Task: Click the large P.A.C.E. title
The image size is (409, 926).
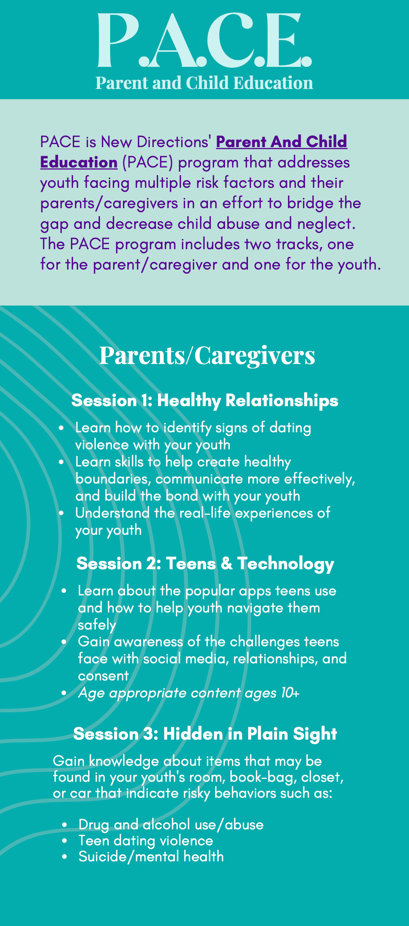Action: [x=205, y=40]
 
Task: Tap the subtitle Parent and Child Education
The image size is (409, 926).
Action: [x=204, y=83]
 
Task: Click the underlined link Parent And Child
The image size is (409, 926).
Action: [x=282, y=142]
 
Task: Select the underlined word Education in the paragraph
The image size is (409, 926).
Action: [x=79, y=162]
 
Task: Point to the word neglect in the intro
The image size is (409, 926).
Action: [x=326, y=224]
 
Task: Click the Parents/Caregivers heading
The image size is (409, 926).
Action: [x=207, y=355]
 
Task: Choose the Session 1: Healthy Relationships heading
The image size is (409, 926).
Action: [x=205, y=400]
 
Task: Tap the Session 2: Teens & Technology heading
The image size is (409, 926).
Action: [x=205, y=564]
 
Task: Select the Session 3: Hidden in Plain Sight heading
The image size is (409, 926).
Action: [x=205, y=734]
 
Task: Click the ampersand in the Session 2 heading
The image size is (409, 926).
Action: [x=226, y=563]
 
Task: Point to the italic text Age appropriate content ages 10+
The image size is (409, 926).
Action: [x=189, y=693]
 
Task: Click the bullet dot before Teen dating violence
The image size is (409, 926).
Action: [x=64, y=841]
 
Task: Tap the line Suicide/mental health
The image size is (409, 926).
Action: [x=151, y=857]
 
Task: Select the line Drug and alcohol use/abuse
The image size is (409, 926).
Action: [x=171, y=825]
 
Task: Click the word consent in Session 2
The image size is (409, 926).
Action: [x=103, y=676]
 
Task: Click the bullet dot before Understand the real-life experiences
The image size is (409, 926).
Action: [x=61, y=513]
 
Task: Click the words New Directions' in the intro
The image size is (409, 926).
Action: [x=156, y=142]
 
